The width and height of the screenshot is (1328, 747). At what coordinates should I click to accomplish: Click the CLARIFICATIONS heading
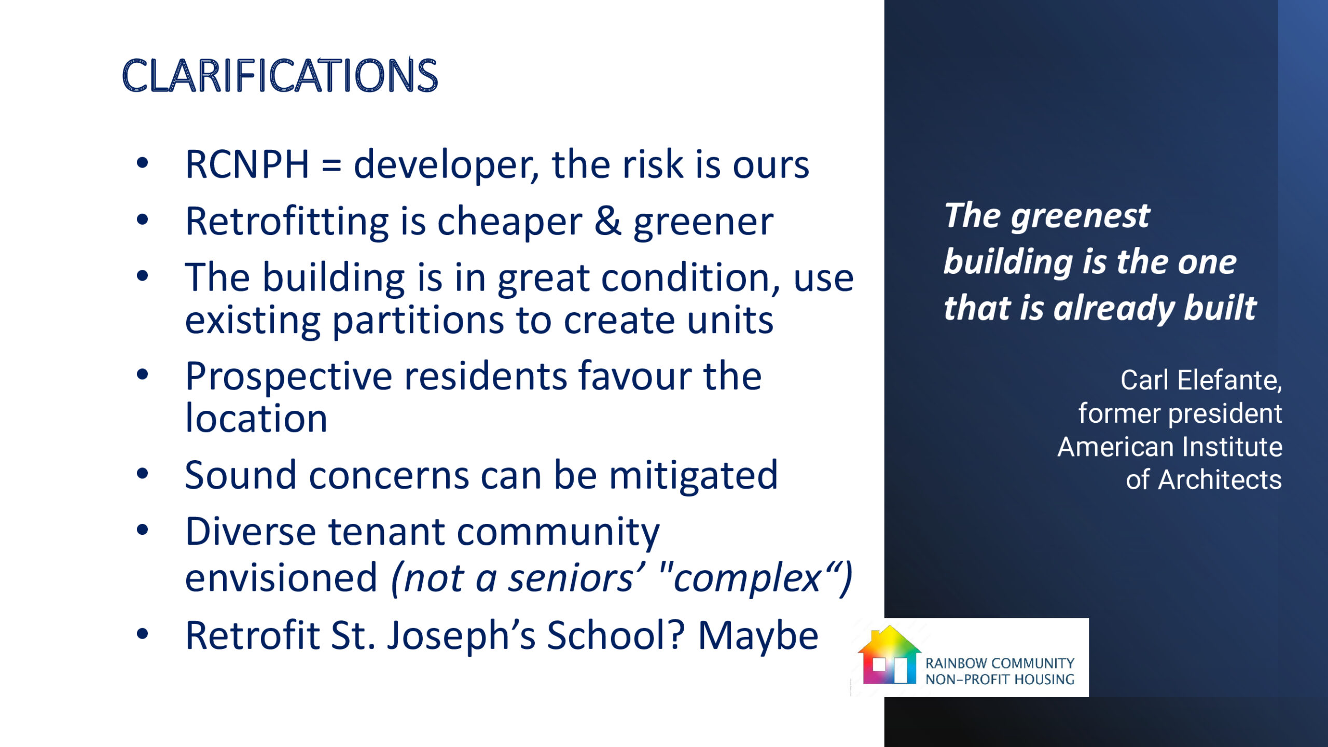[x=280, y=75]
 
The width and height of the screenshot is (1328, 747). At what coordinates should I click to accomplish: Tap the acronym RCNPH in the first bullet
[x=247, y=164]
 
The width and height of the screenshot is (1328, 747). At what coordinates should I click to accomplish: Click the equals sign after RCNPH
[x=331, y=167]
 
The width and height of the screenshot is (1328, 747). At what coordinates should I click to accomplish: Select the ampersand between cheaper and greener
[x=607, y=222]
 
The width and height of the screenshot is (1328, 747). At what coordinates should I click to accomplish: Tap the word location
[x=256, y=418]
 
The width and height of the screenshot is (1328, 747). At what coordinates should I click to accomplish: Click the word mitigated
[x=693, y=476]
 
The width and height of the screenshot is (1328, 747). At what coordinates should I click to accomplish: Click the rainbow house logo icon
[x=889, y=655]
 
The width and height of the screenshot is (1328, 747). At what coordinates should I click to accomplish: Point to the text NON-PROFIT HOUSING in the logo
[x=1000, y=679]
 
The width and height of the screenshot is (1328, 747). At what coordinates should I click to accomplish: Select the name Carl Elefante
[x=1201, y=380]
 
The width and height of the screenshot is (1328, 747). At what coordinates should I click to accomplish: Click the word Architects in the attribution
[x=1220, y=480]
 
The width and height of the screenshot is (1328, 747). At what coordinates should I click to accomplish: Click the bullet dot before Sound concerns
[x=142, y=473]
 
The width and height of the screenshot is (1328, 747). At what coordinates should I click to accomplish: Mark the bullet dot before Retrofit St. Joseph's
[x=142, y=633]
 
